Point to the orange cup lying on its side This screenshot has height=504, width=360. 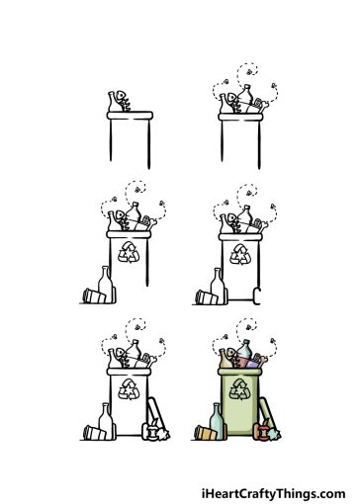coord(204,432)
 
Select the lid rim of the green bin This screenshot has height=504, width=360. coord(238,374)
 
